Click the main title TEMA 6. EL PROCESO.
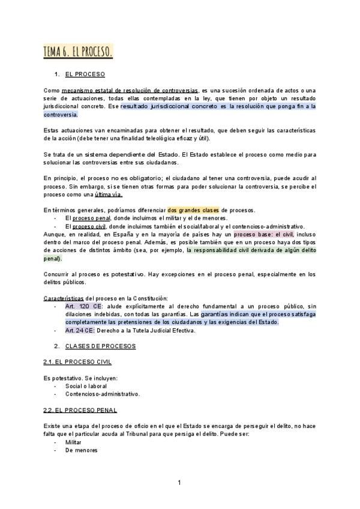coord(77,52)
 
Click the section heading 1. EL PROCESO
coord(85,74)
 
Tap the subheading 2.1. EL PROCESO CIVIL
coord(77,362)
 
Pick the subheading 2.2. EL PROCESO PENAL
coord(80,409)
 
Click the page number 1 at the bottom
coord(179,483)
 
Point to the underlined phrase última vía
coord(109,194)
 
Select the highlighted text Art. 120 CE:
coord(82,306)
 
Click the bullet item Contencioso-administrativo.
coord(103,394)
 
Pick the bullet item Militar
coord(73,442)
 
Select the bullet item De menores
coord(81,450)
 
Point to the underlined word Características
coord(64,298)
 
